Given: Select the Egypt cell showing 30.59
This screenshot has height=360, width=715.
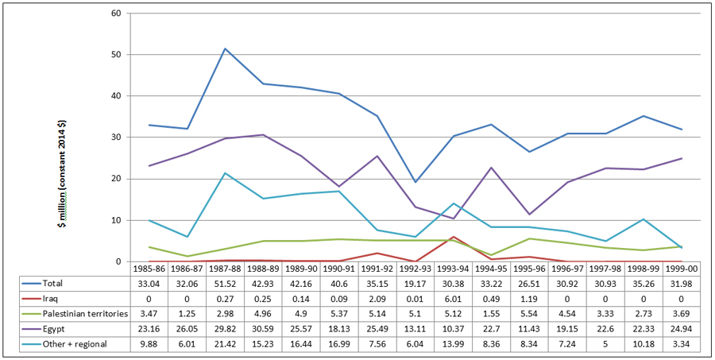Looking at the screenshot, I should click(x=264, y=327).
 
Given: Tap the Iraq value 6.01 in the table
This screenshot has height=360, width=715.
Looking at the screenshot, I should click(x=453, y=297).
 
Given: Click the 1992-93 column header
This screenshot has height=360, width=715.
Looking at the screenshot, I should click(x=415, y=269).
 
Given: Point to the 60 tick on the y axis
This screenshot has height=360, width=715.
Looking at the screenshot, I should click(x=116, y=14).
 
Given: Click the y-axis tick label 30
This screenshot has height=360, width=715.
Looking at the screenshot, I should click(x=116, y=137).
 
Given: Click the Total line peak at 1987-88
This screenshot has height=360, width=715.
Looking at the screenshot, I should click(x=226, y=48).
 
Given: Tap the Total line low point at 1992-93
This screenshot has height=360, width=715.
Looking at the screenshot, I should click(x=415, y=182).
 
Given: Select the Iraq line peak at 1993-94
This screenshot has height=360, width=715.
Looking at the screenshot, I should click(x=453, y=237).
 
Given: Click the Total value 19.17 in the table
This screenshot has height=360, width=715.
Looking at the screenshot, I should click(x=415, y=282).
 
